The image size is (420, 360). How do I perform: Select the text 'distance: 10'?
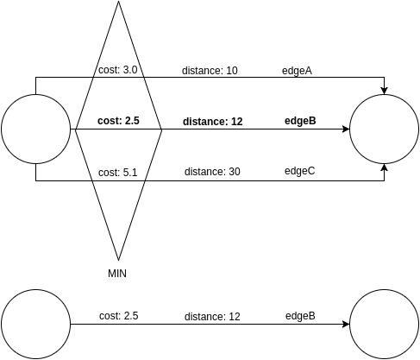point(210,71)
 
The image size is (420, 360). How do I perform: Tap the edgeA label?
point(298,71)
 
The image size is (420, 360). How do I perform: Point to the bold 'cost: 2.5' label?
point(118,122)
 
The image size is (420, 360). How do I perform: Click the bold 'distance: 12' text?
point(212,122)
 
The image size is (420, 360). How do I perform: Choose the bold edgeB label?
point(300,122)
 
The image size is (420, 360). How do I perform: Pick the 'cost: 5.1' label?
point(118,172)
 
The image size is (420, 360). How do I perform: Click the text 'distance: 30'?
point(212,172)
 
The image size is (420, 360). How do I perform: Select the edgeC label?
point(299,172)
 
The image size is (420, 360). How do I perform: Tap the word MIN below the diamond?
point(118,273)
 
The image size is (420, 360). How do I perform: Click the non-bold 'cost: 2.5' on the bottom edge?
point(118,316)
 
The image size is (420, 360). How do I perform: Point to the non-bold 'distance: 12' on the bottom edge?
point(212,317)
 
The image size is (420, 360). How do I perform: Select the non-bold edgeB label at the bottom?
point(300,316)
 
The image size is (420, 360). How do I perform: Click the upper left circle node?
point(35,129)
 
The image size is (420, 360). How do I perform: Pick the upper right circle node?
point(385,129)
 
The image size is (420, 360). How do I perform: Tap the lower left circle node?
point(35,325)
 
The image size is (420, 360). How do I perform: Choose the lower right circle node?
point(385,325)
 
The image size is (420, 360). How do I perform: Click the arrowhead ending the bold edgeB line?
point(345,129)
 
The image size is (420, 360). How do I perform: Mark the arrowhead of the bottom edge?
point(345,325)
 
